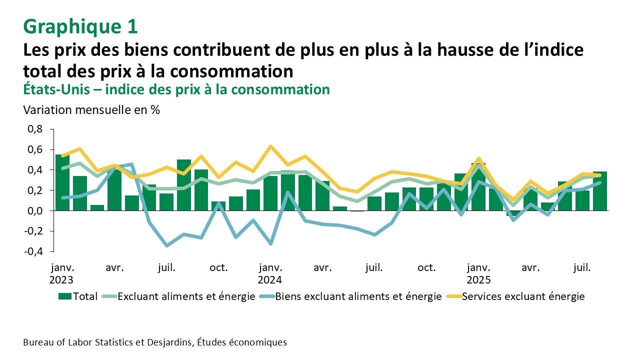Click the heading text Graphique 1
pyautogui.click(x=80, y=27)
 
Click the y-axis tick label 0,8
pyautogui.click(x=35, y=129)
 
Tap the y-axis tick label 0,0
pyautogui.click(x=35, y=211)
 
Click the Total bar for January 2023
pyautogui.click(x=62, y=183)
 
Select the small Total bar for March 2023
pyautogui.click(x=97, y=208)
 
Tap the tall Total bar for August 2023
pyautogui.click(x=184, y=185)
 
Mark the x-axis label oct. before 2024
pyautogui.click(x=218, y=267)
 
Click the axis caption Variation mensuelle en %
pyautogui.click(x=91, y=110)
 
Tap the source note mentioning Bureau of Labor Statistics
pyautogui.click(x=155, y=342)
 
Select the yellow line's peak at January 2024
pyautogui.click(x=270, y=146)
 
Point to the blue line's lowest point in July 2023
pyautogui.click(x=166, y=245)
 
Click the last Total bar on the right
pyautogui.click(x=600, y=191)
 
